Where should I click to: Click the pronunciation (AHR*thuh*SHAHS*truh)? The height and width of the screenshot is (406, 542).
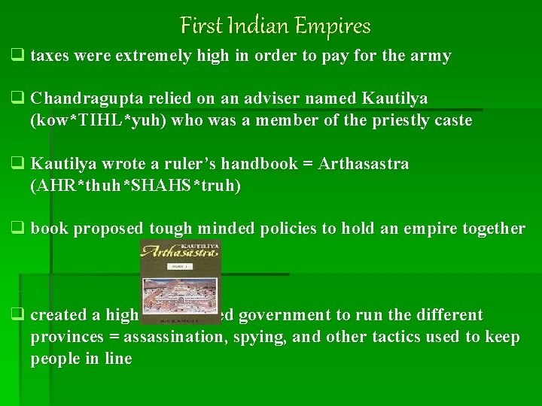(135, 186)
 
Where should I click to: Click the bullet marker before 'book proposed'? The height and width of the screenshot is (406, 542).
(16, 229)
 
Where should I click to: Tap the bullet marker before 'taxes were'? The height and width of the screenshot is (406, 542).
(16, 56)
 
